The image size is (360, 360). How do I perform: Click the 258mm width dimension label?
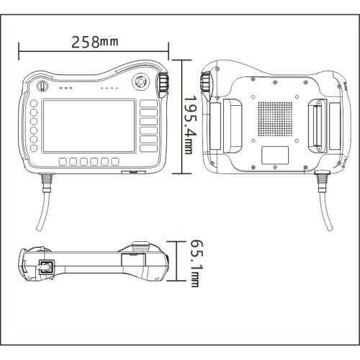(x=95, y=42)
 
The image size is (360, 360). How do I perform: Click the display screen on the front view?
(x=89, y=126)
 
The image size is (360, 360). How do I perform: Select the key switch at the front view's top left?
(x=42, y=86)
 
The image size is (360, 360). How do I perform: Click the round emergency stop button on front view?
(x=140, y=81)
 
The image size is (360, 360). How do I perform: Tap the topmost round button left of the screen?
(x=34, y=104)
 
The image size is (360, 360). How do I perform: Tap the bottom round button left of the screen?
(x=34, y=148)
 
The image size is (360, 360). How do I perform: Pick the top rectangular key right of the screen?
(x=149, y=104)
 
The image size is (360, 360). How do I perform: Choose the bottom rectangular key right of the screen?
(x=149, y=148)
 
